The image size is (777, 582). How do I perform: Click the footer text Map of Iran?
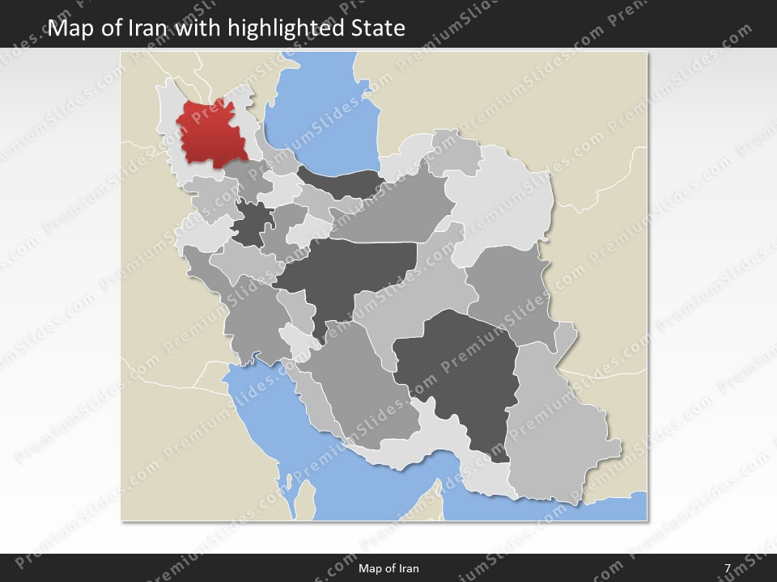pos(388,568)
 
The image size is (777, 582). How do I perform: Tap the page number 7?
pos(728,568)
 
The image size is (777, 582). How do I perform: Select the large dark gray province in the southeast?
pos(457,372)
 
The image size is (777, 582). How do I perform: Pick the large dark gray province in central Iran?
pos(348,271)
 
